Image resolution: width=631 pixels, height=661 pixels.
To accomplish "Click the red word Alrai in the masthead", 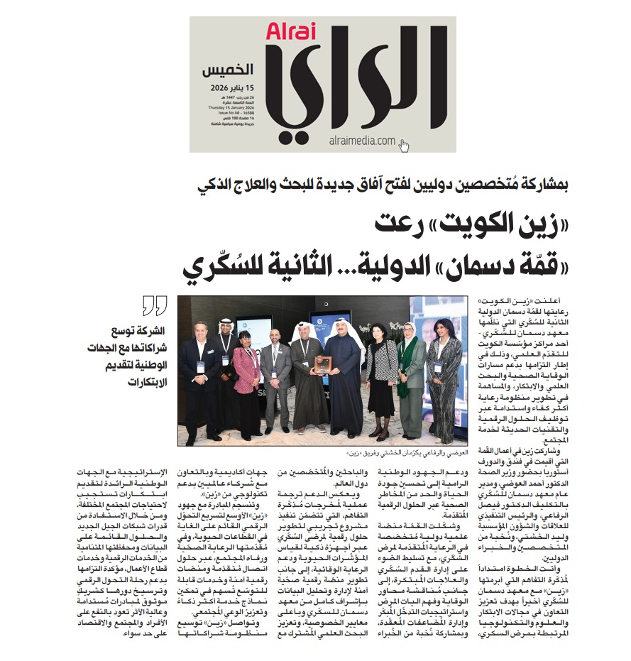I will [x=286, y=32].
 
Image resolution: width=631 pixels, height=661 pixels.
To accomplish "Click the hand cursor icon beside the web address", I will [x=404, y=145].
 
